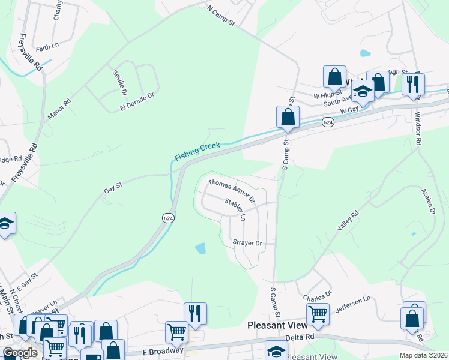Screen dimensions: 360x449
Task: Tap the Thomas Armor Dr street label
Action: (231, 190)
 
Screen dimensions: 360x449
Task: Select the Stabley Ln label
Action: (235, 209)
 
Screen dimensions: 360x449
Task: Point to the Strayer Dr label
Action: (247, 243)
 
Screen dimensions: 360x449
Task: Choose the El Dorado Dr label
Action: (137, 99)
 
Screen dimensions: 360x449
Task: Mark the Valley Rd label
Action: (348, 221)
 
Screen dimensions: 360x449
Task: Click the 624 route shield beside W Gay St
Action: (327, 122)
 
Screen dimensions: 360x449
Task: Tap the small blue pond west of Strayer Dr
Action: (200, 248)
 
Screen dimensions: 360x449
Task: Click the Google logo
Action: (19, 352)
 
